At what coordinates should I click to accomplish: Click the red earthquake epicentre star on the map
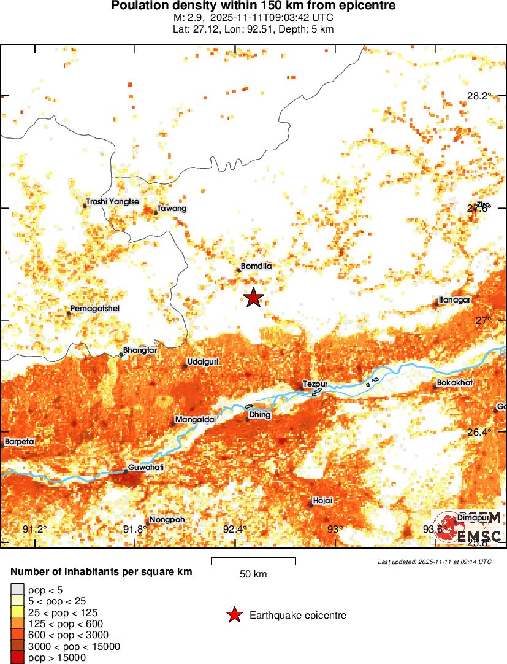coord(253,298)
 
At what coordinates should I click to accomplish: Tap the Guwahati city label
coord(146,467)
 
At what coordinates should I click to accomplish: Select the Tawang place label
coord(172,209)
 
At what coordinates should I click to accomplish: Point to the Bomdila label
coord(256,266)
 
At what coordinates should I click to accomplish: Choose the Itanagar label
coord(454,300)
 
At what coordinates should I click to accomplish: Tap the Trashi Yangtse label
coord(113,201)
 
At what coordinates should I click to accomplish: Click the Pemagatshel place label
coord(94,308)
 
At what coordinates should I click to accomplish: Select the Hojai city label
coord(322,501)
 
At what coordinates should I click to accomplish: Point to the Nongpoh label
coord(167,520)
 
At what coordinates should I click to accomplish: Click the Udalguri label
coord(202,361)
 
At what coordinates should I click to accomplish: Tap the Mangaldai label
coord(194,420)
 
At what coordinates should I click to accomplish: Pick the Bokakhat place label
coord(456,384)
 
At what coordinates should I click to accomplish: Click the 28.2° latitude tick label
coord(479,96)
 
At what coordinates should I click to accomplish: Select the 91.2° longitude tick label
coord(34,530)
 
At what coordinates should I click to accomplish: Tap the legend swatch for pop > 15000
coord(18,658)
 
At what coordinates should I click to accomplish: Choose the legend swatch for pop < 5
coord(18,589)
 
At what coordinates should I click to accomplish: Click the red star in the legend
coord(234,615)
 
